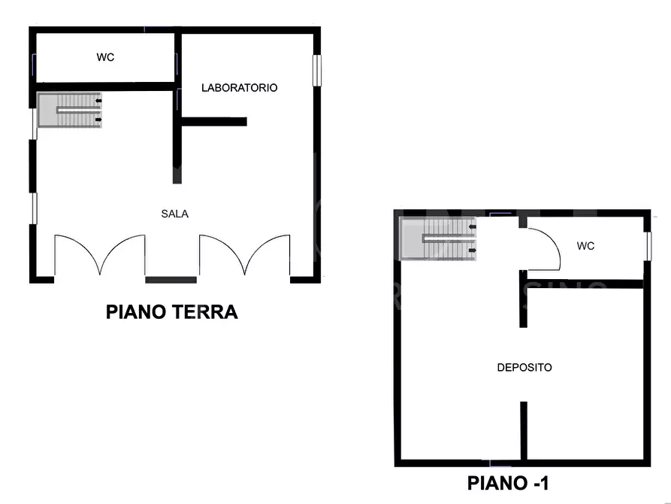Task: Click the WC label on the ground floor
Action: (105, 57)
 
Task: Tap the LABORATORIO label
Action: (239, 88)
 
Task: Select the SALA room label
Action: (174, 214)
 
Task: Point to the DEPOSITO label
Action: (524, 367)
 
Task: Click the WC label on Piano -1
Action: (585, 246)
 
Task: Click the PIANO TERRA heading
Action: (171, 311)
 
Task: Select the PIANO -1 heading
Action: (507, 483)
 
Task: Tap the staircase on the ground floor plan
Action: (69, 110)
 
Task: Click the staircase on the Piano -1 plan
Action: (437, 238)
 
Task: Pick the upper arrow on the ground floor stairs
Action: (98, 101)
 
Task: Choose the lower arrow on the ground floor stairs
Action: (98, 120)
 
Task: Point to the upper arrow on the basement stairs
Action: (472, 226)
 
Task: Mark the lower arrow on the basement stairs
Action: (472, 250)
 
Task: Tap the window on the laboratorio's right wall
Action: (316, 70)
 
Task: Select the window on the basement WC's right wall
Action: (648, 246)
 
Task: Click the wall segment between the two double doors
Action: (171, 280)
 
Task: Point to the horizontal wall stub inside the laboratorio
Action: (214, 122)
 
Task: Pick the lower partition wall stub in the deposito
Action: (524, 431)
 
